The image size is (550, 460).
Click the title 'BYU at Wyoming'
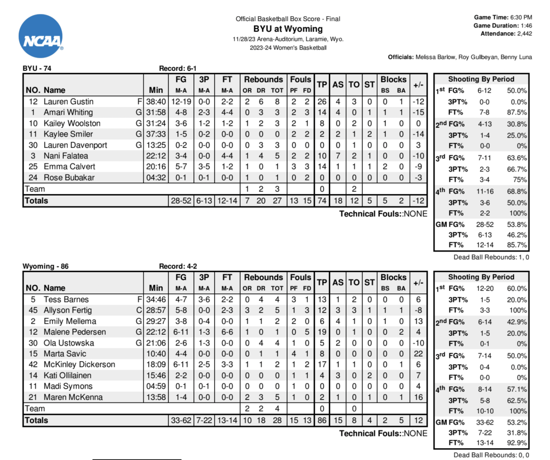pyautogui.click(x=288, y=29)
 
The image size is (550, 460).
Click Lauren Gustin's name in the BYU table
pyautogui.click(x=68, y=102)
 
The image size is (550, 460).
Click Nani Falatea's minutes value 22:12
pyautogui.click(x=156, y=156)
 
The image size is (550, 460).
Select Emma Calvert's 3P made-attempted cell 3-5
pyautogui.click(x=204, y=167)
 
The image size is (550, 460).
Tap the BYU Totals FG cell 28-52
pyautogui.click(x=180, y=200)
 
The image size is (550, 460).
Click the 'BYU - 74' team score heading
pyautogui.click(x=37, y=68)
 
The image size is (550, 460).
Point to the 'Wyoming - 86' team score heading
pyautogui.click(x=46, y=266)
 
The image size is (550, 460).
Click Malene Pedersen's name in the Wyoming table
pyautogui.click(x=75, y=332)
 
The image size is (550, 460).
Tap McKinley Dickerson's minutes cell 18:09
pyautogui.click(x=156, y=364)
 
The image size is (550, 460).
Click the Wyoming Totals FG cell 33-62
pyautogui.click(x=180, y=420)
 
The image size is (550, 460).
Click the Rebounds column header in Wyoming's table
pyautogui.click(x=263, y=277)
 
